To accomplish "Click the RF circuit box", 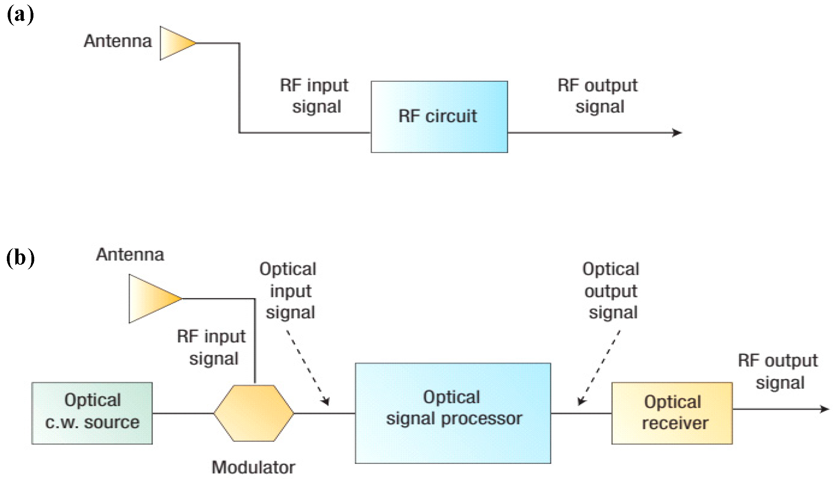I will click(439, 117).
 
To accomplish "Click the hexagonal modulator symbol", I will click(254, 413).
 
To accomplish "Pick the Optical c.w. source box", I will click(92, 413).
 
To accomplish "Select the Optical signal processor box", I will click(453, 413).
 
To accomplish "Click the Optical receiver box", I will click(672, 413).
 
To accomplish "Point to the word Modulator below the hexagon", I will click(253, 467).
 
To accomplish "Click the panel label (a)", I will click(20, 15).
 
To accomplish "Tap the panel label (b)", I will click(20, 258).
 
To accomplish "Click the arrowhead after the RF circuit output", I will click(678, 133).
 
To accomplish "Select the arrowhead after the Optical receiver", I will click(825, 409).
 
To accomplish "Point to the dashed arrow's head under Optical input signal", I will click(326, 401).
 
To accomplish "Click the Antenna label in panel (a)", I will click(118, 41).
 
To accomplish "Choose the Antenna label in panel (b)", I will click(130, 255).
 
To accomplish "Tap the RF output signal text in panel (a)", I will click(598, 96).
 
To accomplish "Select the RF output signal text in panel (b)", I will click(778, 371).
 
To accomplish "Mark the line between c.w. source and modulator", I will click(183, 413).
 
